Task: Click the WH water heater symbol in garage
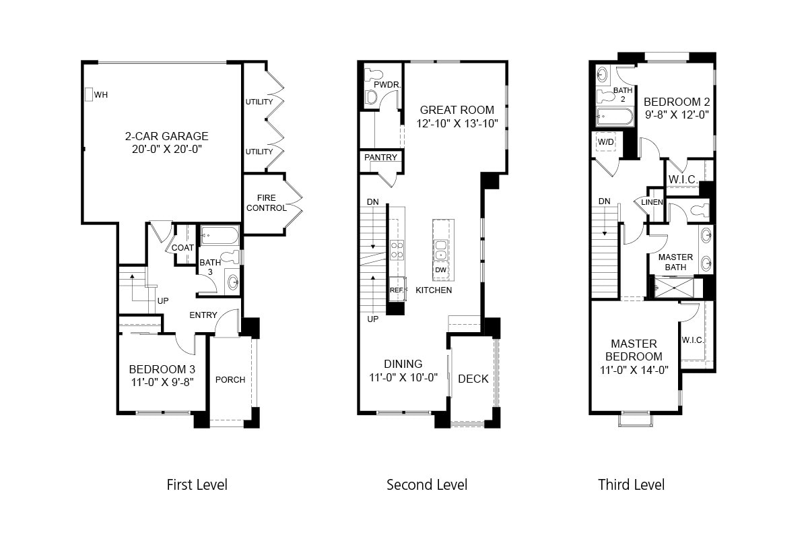pyautogui.click(x=88, y=94)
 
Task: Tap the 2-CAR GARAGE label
pyautogui.click(x=167, y=136)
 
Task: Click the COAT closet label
pyautogui.click(x=182, y=248)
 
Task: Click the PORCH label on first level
pyautogui.click(x=230, y=379)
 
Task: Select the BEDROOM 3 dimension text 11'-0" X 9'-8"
pyautogui.click(x=162, y=383)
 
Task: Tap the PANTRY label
pyautogui.click(x=380, y=158)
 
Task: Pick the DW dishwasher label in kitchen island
pyautogui.click(x=441, y=270)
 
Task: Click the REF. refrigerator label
pyautogui.click(x=396, y=290)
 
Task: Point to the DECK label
pyautogui.click(x=473, y=379)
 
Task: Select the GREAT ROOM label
pyautogui.click(x=457, y=110)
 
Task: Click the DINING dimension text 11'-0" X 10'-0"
pyautogui.click(x=403, y=377)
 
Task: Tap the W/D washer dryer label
pyautogui.click(x=606, y=142)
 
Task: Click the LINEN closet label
pyautogui.click(x=652, y=202)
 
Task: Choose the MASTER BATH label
pyautogui.click(x=675, y=262)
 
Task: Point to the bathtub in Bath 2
pyautogui.click(x=615, y=117)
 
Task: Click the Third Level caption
pyautogui.click(x=631, y=484)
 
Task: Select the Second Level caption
pyautogui.click(x=426, y=484)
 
